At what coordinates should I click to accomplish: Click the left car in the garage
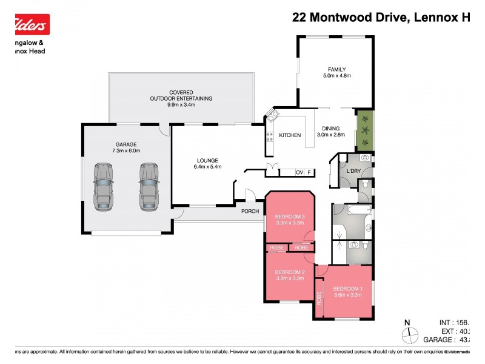pos(104,186)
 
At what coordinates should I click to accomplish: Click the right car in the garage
pos(148,186)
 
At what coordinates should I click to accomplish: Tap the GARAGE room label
pos(127,147)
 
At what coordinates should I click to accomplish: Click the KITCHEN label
pos(290,135)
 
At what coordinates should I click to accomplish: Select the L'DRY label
pos(353,172)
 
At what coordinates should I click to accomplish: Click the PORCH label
pos(250,211)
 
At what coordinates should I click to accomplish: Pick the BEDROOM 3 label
pos(289,220)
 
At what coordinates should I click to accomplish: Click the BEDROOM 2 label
pos(289,275)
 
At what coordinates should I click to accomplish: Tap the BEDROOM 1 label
pos(348,291)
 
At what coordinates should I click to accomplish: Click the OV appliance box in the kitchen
pos(299,172)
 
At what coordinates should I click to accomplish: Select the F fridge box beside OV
pos(309,172)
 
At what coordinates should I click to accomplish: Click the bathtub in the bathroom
pos(352,210)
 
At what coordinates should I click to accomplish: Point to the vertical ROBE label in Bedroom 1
pos(319,297)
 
